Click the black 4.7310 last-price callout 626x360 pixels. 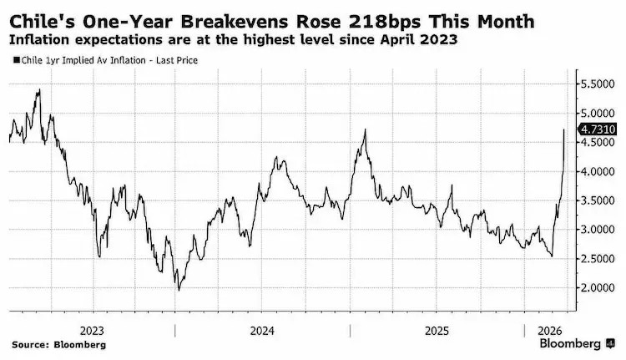click(x=598, y=129)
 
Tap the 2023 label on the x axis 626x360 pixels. click(x=92, y=329)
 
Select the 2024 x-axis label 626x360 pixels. click(x=263, y=329)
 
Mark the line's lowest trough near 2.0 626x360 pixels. click(x=177, y=290)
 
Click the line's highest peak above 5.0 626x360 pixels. click(x=38, y=89)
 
